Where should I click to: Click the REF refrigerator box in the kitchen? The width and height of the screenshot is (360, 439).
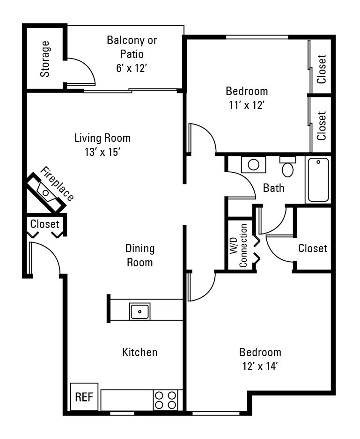[x=84, y=397]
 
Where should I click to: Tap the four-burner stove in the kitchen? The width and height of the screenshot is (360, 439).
[x=166, y=400]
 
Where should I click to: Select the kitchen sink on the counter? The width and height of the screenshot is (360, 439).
[x=140, y=311]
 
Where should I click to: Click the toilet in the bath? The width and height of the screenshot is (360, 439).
[x=288, y=167]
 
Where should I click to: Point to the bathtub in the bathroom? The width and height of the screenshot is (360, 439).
[x=318, y=180]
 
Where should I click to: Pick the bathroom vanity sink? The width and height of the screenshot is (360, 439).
[x=254, y=165]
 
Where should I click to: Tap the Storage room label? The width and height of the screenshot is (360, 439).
[x=45, y=59]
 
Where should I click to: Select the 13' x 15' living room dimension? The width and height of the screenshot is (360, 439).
[x=103, y=152]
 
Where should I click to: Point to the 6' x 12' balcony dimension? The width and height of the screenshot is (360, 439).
[x=132, y=68]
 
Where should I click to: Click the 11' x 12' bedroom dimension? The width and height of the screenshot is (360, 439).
[x=247, y=105]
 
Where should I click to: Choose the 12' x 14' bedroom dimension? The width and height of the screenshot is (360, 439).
[x=260, y=366]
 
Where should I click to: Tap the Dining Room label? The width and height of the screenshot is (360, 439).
[x=140, y=255]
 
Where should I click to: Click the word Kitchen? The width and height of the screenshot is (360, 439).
[x=140, y=352]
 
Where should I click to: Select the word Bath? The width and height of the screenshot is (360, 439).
[x=273, y=188]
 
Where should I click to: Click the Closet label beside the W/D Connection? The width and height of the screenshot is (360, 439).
[x=313, y=248]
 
